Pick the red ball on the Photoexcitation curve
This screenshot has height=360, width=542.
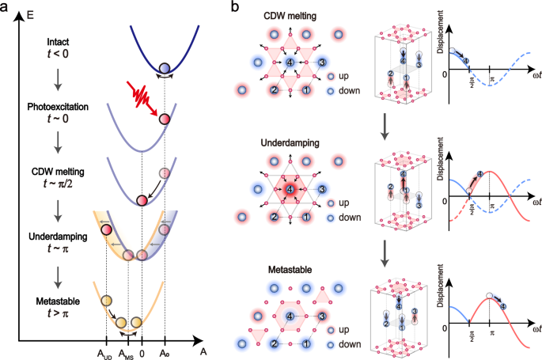165,119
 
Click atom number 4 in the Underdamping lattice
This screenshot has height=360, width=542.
293,191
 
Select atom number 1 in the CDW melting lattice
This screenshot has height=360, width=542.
305,90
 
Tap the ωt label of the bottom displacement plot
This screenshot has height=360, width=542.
533,328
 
